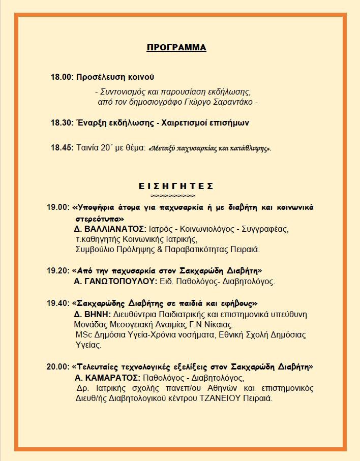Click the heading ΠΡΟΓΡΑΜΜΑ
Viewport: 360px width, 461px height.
[x=176, y=48]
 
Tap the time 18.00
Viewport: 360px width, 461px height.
[x=61, y=77]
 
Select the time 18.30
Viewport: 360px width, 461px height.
[x=61, y=123]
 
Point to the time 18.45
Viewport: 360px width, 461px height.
[x=61, y=148]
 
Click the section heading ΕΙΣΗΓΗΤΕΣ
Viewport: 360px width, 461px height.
[x=176, y=186]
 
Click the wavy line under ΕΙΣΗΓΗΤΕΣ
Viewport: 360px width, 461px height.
[x=176, y=196]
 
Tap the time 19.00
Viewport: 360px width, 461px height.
[x=57, y=207]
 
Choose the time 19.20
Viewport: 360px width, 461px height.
[x=57, y=271]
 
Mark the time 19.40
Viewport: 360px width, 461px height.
[x=57, y=303]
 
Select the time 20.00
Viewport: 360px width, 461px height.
[x=57, y=366]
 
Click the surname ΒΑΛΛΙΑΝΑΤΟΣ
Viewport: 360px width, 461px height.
[x=114, y=229]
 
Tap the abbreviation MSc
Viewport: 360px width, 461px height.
[x=82, y=335]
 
